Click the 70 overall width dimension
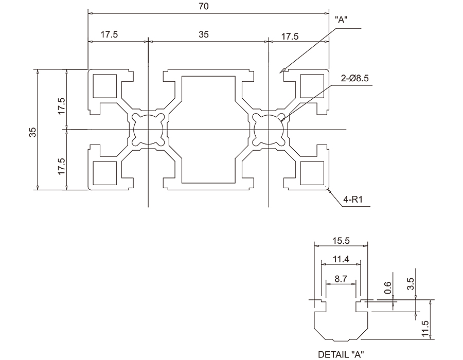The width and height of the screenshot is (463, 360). coord(204,7)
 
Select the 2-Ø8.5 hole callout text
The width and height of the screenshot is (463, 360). coord(354,78)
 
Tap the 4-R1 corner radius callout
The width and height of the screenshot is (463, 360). coord(352,200)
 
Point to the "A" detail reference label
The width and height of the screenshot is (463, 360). coord(341,20)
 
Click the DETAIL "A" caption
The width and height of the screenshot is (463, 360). coord(341,354)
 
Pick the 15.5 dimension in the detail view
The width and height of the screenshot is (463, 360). coord(341,241)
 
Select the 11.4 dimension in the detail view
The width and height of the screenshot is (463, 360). coord(341,259)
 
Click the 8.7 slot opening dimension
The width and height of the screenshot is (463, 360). coord(341,279)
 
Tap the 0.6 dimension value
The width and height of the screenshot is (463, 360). coord(387,287)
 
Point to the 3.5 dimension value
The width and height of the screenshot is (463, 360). coord(411,284)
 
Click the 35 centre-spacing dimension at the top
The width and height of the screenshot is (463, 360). coord(203,34)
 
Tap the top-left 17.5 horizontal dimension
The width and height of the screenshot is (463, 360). coord(109,34)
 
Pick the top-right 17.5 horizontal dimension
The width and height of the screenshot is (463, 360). coord(290,37)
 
